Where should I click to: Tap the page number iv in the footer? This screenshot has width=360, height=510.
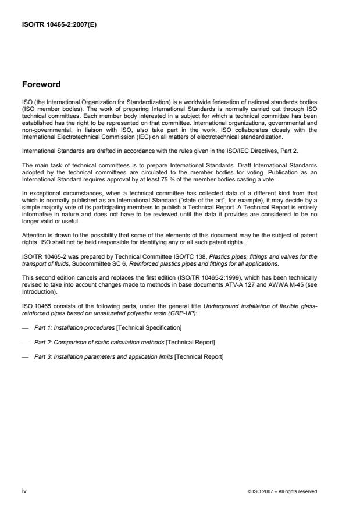pos(24,491)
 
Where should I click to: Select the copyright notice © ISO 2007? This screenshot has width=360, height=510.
pos(281,491)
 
